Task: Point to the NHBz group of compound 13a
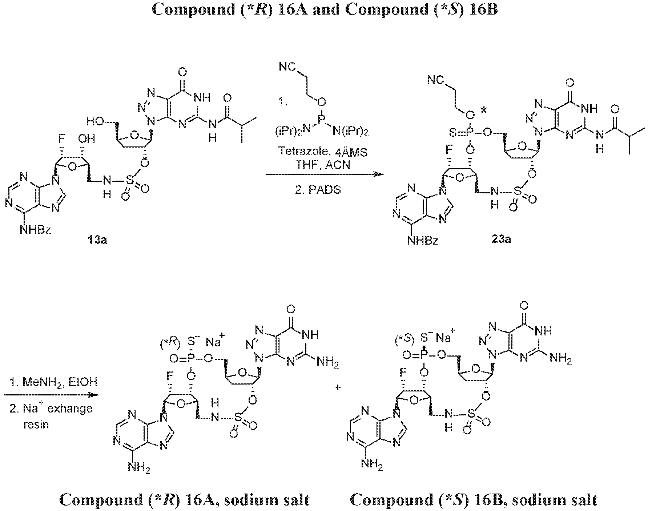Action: pyautogui.click(x=36, y=230)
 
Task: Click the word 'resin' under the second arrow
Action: pyautogui.click(x=36, y=424)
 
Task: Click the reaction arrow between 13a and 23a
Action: pyautogui.click(x=325, y=174)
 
